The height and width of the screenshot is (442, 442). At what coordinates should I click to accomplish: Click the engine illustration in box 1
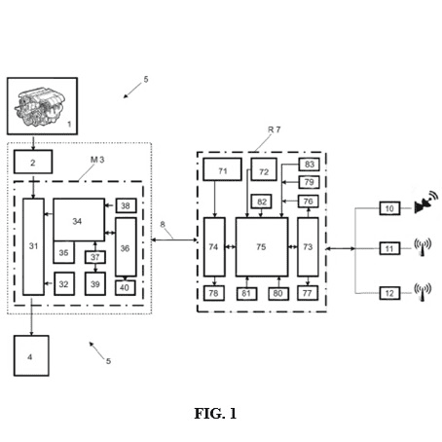tap(40, 106)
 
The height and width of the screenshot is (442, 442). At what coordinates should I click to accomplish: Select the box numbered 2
tap(33, 162)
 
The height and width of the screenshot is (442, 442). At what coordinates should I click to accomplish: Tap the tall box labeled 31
tap(33, 246)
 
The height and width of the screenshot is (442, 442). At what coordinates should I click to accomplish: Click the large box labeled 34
tap(79, 220)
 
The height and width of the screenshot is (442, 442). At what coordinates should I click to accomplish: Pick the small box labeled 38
tap(126, 205)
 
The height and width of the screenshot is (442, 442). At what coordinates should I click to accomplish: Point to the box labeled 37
tap(95, 257)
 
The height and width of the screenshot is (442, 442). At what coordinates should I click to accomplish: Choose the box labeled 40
tap(125, 287)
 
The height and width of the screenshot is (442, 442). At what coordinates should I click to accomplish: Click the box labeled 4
tap(31, 355)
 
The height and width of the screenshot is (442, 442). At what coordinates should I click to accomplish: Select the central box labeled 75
tap(262, 247)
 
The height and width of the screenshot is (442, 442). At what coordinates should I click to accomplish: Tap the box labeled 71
tap(222, 169)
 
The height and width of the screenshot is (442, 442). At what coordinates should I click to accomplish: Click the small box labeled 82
tap(262, 202)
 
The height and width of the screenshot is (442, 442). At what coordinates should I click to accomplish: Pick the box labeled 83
tap(309, 165)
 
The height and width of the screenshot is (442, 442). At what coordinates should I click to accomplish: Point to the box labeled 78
tap(214, 293)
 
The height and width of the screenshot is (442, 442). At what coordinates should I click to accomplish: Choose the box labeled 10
tap(389, 208)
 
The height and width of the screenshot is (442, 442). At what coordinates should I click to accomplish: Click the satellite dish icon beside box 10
tap(425, 203)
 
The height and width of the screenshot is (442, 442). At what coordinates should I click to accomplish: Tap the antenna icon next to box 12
tap(423, 292)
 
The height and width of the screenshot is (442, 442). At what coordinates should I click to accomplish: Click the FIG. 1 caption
tap(215, 414)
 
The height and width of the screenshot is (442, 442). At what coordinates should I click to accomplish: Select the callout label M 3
tap(97, 160)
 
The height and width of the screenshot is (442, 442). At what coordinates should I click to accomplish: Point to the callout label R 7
tap(274, 129)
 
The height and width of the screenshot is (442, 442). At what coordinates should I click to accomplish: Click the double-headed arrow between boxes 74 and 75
tap(231, 247)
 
